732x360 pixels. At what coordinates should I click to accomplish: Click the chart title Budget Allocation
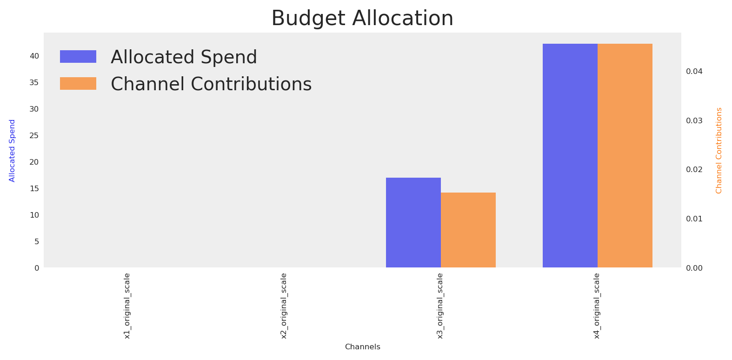(x=362, y=18)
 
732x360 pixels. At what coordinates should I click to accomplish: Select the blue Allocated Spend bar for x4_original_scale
(x=570, y=156)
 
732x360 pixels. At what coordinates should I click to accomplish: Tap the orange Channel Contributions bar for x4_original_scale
(x=625, y=156)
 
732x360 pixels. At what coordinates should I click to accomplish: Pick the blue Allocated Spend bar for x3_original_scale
(x=413, y=223)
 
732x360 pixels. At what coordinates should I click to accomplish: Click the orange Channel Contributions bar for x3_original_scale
(x=468, y=230)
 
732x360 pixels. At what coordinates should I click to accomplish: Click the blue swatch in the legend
(x=78, y=57)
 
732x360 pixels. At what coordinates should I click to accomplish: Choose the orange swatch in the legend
(x=78, y=83)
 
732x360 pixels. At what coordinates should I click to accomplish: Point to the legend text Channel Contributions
(x=211, y=84)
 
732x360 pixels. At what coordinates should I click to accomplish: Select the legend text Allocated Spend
(x=184, y=57)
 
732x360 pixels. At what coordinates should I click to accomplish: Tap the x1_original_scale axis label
(x=127, y=306)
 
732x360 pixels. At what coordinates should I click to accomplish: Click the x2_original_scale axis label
(x=284, y=306)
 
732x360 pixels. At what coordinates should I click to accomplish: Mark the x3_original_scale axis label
(x=440, y=306)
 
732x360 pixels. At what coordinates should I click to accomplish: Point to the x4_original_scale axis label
(x=597, y=306)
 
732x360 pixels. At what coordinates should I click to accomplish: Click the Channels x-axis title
(x=363, y=347)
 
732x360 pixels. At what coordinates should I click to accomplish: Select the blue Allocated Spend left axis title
(x=12, y=151)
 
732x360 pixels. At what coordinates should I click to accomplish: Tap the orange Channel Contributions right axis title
(x=719, y=151)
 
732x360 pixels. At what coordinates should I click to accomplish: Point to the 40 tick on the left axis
(x=34, y=56)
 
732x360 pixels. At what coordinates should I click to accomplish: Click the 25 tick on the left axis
(x=34, y=135)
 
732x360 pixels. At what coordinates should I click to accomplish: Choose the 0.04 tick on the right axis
(x=694, y=71)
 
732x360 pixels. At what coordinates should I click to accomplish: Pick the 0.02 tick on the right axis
(x=694, y=169)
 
